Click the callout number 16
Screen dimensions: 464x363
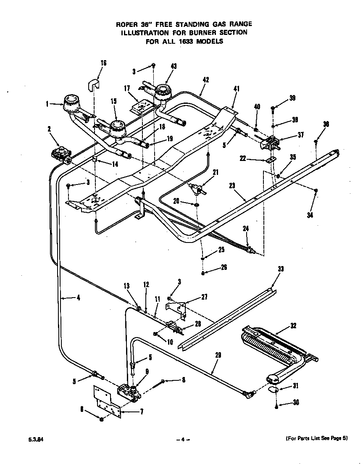[x=103, y=63]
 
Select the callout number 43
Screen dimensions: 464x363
[x=174, y=66]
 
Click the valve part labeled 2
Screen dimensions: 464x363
[x=62, y=152]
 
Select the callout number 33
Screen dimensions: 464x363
[x=281, y=269]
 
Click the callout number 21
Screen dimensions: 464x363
[x=216, y=171]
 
